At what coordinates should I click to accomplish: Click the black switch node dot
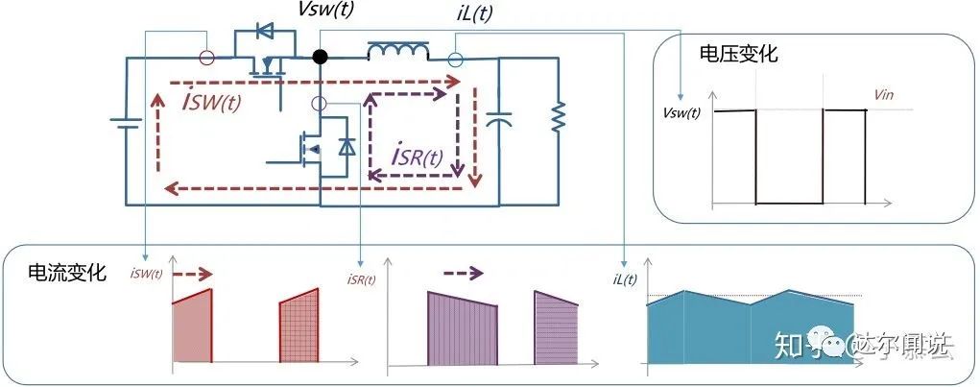tap(321, 58)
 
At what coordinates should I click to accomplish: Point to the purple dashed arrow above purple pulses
tap(463, 273)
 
